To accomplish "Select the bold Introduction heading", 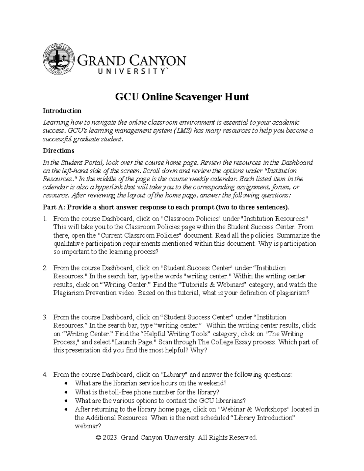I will click(62, 111).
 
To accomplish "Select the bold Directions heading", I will click(58, 150).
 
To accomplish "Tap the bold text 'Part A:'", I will click(53, 207).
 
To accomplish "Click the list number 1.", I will click(45, 219).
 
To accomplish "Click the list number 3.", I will click(45, 317).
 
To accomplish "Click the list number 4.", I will click(45, 375).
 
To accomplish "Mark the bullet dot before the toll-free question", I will click(67, 392).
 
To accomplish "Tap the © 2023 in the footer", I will click(106, 437).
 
